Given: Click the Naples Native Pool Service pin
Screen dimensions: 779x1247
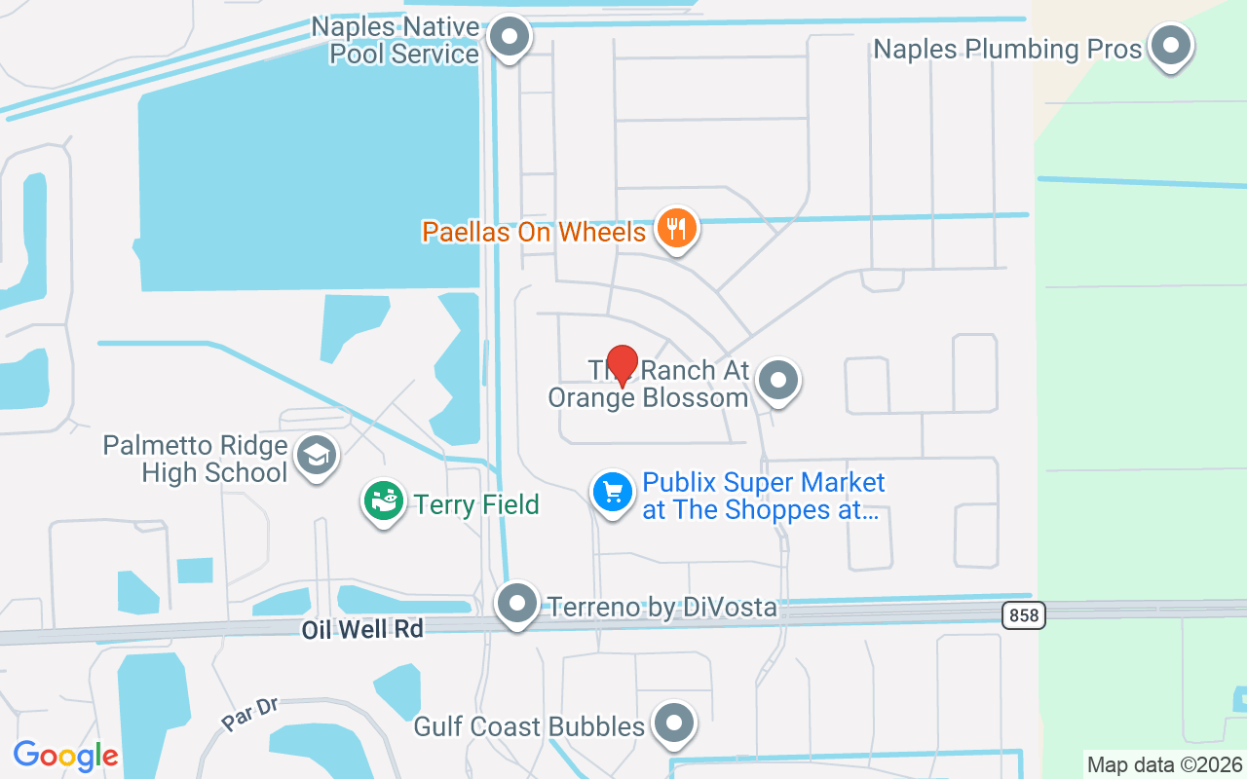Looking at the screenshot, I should click(509, 39).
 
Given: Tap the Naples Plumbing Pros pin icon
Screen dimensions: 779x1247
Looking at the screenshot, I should click(1171, 47).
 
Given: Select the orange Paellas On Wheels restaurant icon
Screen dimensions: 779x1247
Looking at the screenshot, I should click(676, 230).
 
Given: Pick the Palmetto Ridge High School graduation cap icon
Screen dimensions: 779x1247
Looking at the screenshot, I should click(317, 456).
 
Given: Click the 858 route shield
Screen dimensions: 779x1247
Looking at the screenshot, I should click(1023, 614).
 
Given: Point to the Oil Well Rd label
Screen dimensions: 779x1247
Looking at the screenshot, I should click(362, 630).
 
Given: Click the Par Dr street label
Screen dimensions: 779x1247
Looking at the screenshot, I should click(250, 714).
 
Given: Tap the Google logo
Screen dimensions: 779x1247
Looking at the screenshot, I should click(65, 756).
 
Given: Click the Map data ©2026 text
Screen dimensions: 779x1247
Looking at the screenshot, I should click(1165, 764).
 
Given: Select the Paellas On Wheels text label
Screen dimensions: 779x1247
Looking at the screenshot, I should click(534, 232).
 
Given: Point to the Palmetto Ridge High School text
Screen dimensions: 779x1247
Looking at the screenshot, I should click(196, 460).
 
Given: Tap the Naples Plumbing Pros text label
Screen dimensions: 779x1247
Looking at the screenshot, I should click(1007, 49).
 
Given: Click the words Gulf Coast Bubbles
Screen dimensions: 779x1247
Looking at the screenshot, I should click(529, 726).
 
